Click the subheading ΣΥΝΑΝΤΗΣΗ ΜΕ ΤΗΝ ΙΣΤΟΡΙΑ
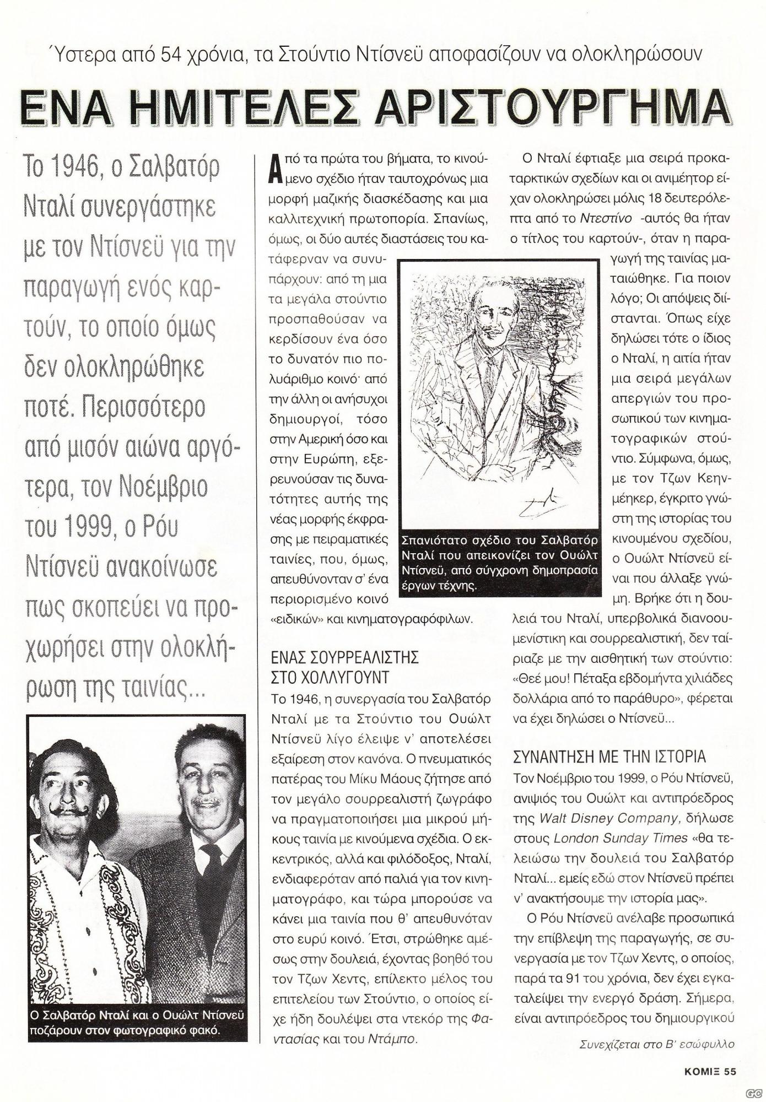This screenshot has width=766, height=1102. pos(609,757)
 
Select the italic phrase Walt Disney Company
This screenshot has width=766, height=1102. pos(596,818)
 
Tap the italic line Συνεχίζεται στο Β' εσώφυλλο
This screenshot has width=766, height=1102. pos(657,1044)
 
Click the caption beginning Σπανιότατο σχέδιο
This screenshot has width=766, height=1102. pos(500,561)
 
